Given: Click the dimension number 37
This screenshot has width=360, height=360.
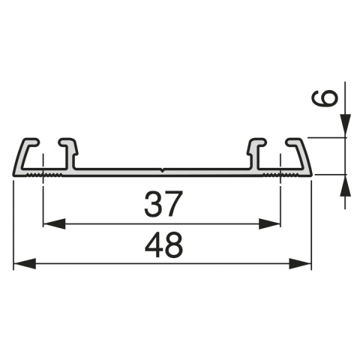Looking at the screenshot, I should coord(161,202).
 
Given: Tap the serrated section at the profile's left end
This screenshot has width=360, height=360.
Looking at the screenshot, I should coord(45,174).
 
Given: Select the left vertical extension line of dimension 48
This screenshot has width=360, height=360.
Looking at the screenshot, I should coord(13,225).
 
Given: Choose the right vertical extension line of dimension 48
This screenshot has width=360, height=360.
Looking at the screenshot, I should coord(310,225).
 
